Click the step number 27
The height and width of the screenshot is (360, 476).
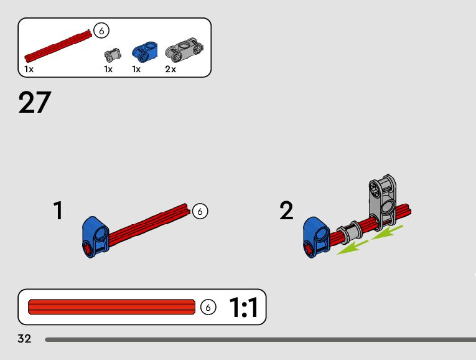pos(34,103)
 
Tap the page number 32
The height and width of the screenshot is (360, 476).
pos(25,339)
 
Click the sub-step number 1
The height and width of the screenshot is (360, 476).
pos(58,211)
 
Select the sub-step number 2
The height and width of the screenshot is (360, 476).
pos(286,211)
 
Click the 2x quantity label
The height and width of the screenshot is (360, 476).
pos(170,69)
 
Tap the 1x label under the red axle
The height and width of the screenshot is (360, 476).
pos(29,69)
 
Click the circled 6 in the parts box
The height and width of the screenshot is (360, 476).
pos(101,30)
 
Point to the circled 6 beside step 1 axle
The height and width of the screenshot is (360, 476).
pos(200,211)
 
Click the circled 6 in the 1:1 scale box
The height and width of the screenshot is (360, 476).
pos(208,307)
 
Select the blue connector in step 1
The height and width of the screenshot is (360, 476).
pos(95,236)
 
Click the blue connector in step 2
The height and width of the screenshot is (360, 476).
pos(315,236)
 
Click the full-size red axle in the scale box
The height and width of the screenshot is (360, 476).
pos(112,307)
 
